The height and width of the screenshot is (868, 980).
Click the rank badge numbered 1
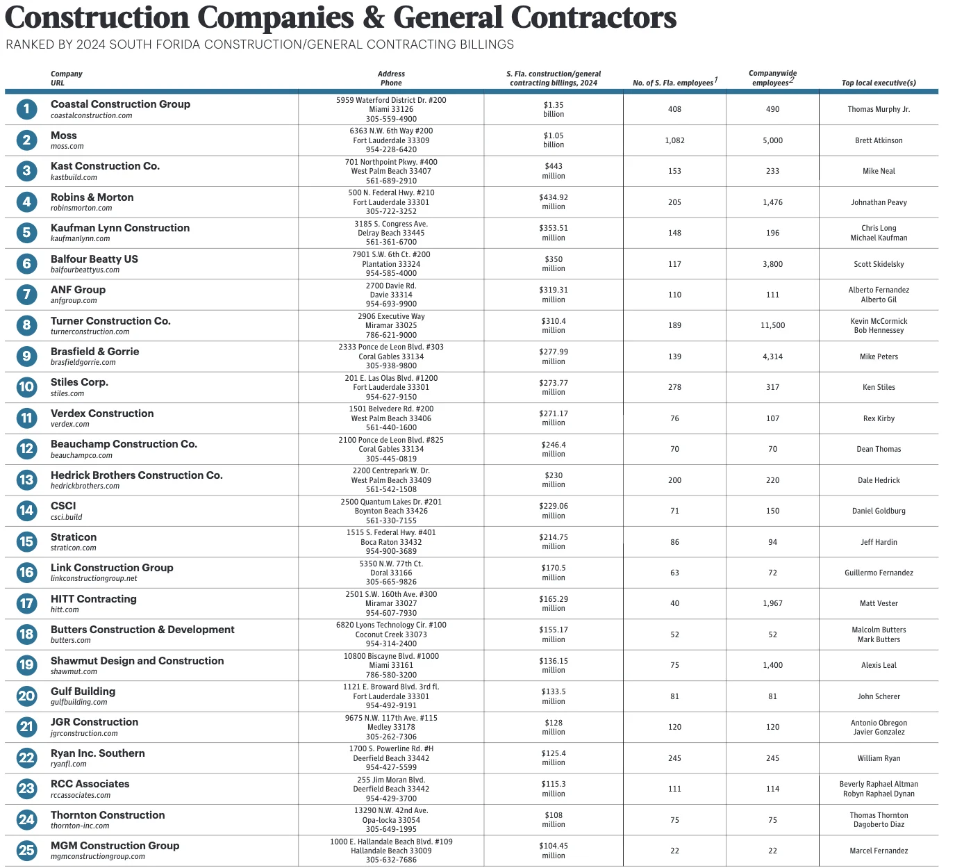26,109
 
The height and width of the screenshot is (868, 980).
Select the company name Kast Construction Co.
105,166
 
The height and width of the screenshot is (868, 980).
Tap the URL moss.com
67,147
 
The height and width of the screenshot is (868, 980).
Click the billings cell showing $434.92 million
554,202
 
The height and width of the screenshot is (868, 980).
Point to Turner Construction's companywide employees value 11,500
772,325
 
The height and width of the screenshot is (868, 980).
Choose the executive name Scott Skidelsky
879,264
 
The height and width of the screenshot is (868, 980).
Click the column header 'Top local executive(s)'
879,83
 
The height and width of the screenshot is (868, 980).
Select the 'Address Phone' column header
391,79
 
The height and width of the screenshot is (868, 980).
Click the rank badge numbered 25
26,851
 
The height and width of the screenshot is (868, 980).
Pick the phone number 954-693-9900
391,304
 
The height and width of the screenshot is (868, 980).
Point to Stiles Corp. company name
79,382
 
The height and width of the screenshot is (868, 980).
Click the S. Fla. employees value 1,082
674,140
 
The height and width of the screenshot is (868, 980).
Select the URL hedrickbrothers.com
85,486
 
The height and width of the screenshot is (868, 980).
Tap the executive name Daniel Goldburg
879,511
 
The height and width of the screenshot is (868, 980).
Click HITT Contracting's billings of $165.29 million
554,603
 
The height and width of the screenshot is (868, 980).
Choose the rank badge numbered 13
26,480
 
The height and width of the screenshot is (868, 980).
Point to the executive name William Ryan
879,758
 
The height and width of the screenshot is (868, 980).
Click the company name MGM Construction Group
115,846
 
